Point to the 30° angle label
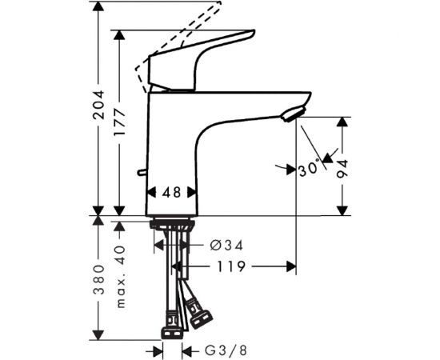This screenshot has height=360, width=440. click(310, 169)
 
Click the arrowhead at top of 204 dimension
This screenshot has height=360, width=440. click(99, 7)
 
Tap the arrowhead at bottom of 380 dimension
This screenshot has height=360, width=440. click(99, 334)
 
